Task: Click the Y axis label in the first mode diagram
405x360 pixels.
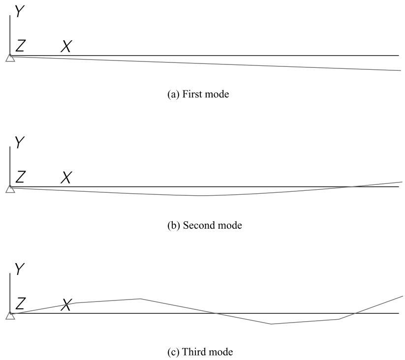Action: (20, 11)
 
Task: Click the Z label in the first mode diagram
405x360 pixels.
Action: (20, 46)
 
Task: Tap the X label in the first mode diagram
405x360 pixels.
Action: (66, 46)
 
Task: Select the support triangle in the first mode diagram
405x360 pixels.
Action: (10, 58)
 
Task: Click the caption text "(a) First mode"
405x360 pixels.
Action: (198, 94)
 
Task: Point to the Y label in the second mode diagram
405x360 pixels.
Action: (20, 142)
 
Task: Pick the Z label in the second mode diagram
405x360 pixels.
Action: (20, 177)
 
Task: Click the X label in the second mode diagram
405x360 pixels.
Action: (66, 178)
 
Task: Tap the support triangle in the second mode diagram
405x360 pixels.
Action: (10, 189)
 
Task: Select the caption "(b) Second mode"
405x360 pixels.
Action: (205, 225)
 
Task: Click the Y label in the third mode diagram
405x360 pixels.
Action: (20, 269)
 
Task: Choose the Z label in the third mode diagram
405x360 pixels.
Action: (20, 303)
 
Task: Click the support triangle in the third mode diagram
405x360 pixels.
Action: (10, 315)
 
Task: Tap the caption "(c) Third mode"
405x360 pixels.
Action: (200, 352)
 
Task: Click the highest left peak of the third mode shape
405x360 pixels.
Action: (140, 299)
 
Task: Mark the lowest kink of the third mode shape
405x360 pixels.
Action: (271, 324)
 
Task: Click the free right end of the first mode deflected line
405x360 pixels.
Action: (401, 70)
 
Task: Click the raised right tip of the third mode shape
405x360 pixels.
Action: (403, 296)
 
